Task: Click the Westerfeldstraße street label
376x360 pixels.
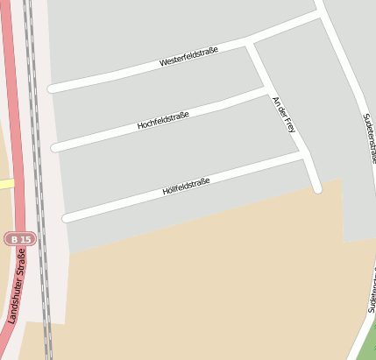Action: (188, 57)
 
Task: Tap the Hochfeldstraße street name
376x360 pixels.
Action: (163, 120)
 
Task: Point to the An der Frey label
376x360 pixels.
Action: (285, 115)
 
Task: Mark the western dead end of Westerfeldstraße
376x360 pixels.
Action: (53, 88)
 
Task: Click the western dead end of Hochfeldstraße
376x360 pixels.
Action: (56, 146)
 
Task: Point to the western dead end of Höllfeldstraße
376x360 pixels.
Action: (67, 216)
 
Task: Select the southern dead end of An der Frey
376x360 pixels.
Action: (317, 187)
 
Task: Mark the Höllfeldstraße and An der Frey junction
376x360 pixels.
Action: (302, 154)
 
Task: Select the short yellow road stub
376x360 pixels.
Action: (7, 184)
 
